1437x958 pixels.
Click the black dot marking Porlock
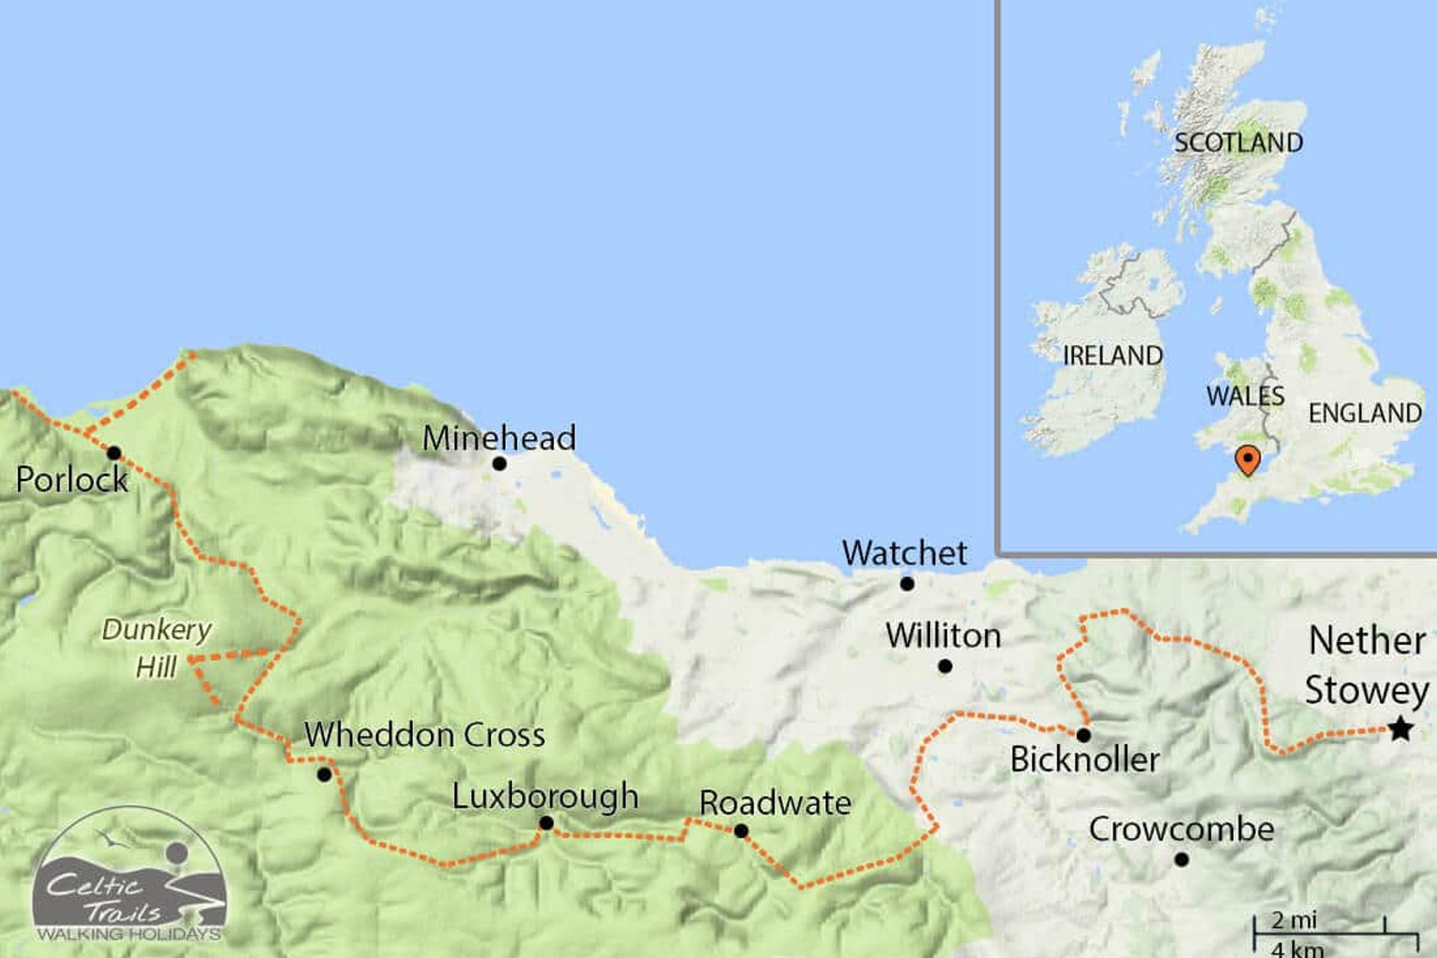point(114,453)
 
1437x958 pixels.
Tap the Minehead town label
point(499,439)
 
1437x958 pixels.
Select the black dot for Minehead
point(499,464)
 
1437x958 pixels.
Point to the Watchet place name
point(904,554)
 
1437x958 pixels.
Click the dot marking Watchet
point(907,584)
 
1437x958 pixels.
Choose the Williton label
point(943,636)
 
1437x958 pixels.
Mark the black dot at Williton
point(945,666)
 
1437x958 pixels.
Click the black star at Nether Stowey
point(1400,728)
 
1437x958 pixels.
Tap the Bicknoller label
point(1084,760)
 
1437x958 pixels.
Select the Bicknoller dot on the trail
point(1083,735)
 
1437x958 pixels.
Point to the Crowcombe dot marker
point(1182,860)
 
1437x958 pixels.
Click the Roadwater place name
point(775,804)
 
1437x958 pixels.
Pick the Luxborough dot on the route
point(546,823)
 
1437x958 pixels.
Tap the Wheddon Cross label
point(424,735)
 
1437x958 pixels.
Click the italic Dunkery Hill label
point(156,648)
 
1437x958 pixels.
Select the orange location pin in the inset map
point(1247,459)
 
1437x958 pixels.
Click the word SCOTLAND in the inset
point(1238,142)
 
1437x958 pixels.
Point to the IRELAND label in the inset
point(1113,356)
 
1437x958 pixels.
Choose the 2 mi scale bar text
point(1294,920)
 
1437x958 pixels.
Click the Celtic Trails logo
point(129,876)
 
